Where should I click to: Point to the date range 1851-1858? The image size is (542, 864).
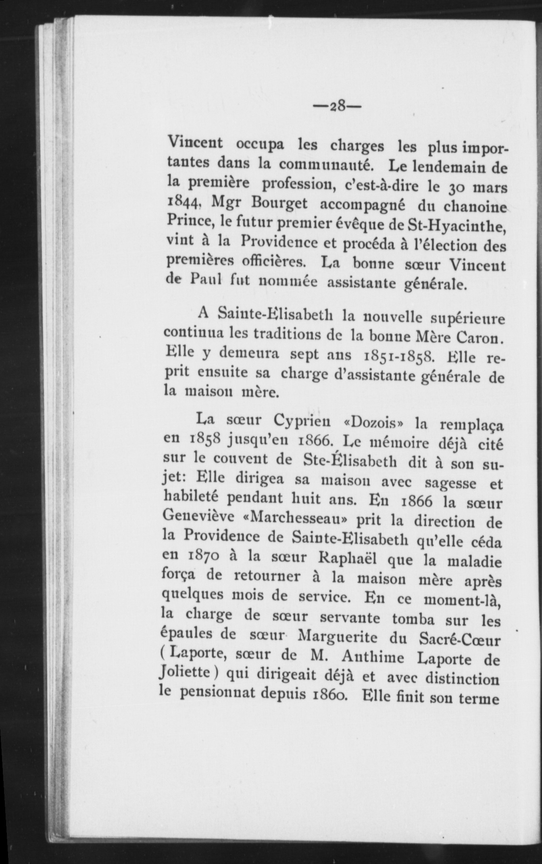399,356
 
